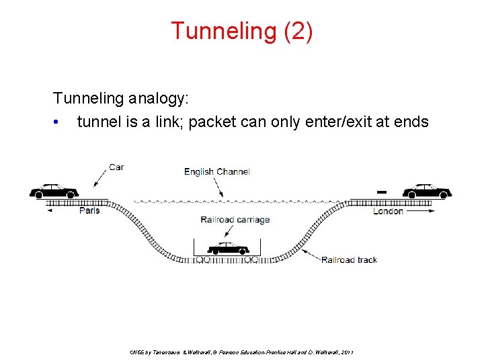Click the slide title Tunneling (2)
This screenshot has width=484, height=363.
click(x=241, y=31)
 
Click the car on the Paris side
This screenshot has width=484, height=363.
click(x=54, y=190)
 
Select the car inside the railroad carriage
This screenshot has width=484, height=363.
click(x=228, y=248)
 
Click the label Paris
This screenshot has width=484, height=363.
click(x=89, y=210)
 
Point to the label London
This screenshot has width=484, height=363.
click(x=388, y=210)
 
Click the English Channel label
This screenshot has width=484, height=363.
click(x=216, y=171)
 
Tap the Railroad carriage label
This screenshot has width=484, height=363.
click(x=235, y=220)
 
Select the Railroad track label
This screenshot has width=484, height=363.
click(x=349, y=259)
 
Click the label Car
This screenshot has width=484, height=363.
click(x=116, y=167)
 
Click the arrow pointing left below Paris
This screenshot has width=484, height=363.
click(x=50, y=210)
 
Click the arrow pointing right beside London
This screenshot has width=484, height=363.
click(x=421, y=210)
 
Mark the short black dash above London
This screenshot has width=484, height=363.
click(x=381, y=192)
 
